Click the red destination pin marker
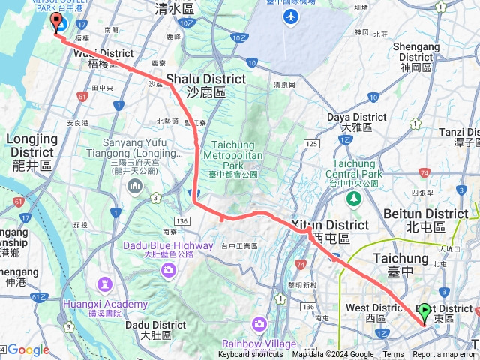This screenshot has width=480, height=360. point(55,23)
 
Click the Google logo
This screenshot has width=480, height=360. point(28,349)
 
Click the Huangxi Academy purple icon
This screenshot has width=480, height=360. point(105,283)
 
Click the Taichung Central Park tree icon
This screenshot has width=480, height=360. point(353,199)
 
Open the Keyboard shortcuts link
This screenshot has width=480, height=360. point(251,355)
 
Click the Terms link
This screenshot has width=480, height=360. point(393,355)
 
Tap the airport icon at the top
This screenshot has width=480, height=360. point(290,15)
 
